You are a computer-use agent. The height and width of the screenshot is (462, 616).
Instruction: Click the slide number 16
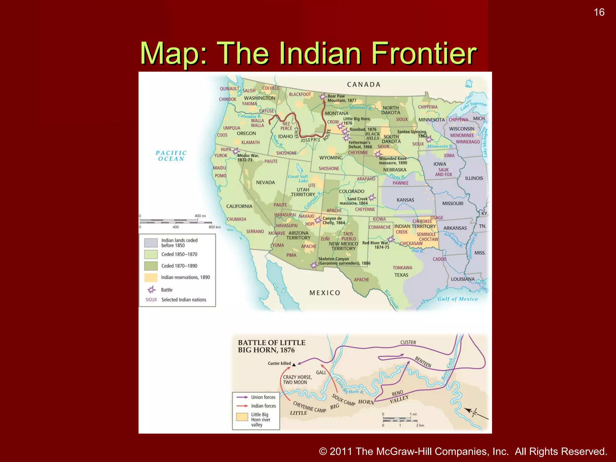click(x=599, y=12)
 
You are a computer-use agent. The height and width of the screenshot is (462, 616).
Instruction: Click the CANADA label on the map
click(x=364, y=85)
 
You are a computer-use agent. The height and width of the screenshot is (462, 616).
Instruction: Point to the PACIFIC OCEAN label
click(x=171, y=156)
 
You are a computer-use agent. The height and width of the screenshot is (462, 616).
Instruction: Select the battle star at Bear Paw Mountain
click(x=323, y=97)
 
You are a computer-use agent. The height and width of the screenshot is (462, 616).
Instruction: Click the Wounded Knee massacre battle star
click(x=378, y=154)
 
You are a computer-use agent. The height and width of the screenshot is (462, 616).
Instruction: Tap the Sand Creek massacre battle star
click(x=372, y=197)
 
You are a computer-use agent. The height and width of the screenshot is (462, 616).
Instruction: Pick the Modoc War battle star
click(x=236, y=151)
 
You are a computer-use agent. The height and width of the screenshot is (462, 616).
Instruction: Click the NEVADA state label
click(x=265, y=183)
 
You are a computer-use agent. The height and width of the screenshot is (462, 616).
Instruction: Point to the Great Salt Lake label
click(x=298, y=178)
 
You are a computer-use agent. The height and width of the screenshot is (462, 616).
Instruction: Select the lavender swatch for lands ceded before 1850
click(x=151, y=242)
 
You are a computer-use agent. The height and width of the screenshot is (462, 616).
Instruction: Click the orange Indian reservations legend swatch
click(x=151, y=277)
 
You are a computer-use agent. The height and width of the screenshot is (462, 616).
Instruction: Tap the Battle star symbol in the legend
click(x=151, y=290)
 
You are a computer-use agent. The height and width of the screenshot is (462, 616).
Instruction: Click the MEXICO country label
click(x=325, y=293)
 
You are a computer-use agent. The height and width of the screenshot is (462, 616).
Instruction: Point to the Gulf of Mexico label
click(x=457, y=299)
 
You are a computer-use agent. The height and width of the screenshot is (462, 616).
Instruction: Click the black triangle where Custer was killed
click(x=294, y=364)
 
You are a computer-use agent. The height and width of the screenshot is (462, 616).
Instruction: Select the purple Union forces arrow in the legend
click(x=242, y=397)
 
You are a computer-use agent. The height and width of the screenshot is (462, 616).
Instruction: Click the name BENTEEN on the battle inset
click(x=423, y=362)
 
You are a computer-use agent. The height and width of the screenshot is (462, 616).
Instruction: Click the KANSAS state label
click(x=405, y=200)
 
